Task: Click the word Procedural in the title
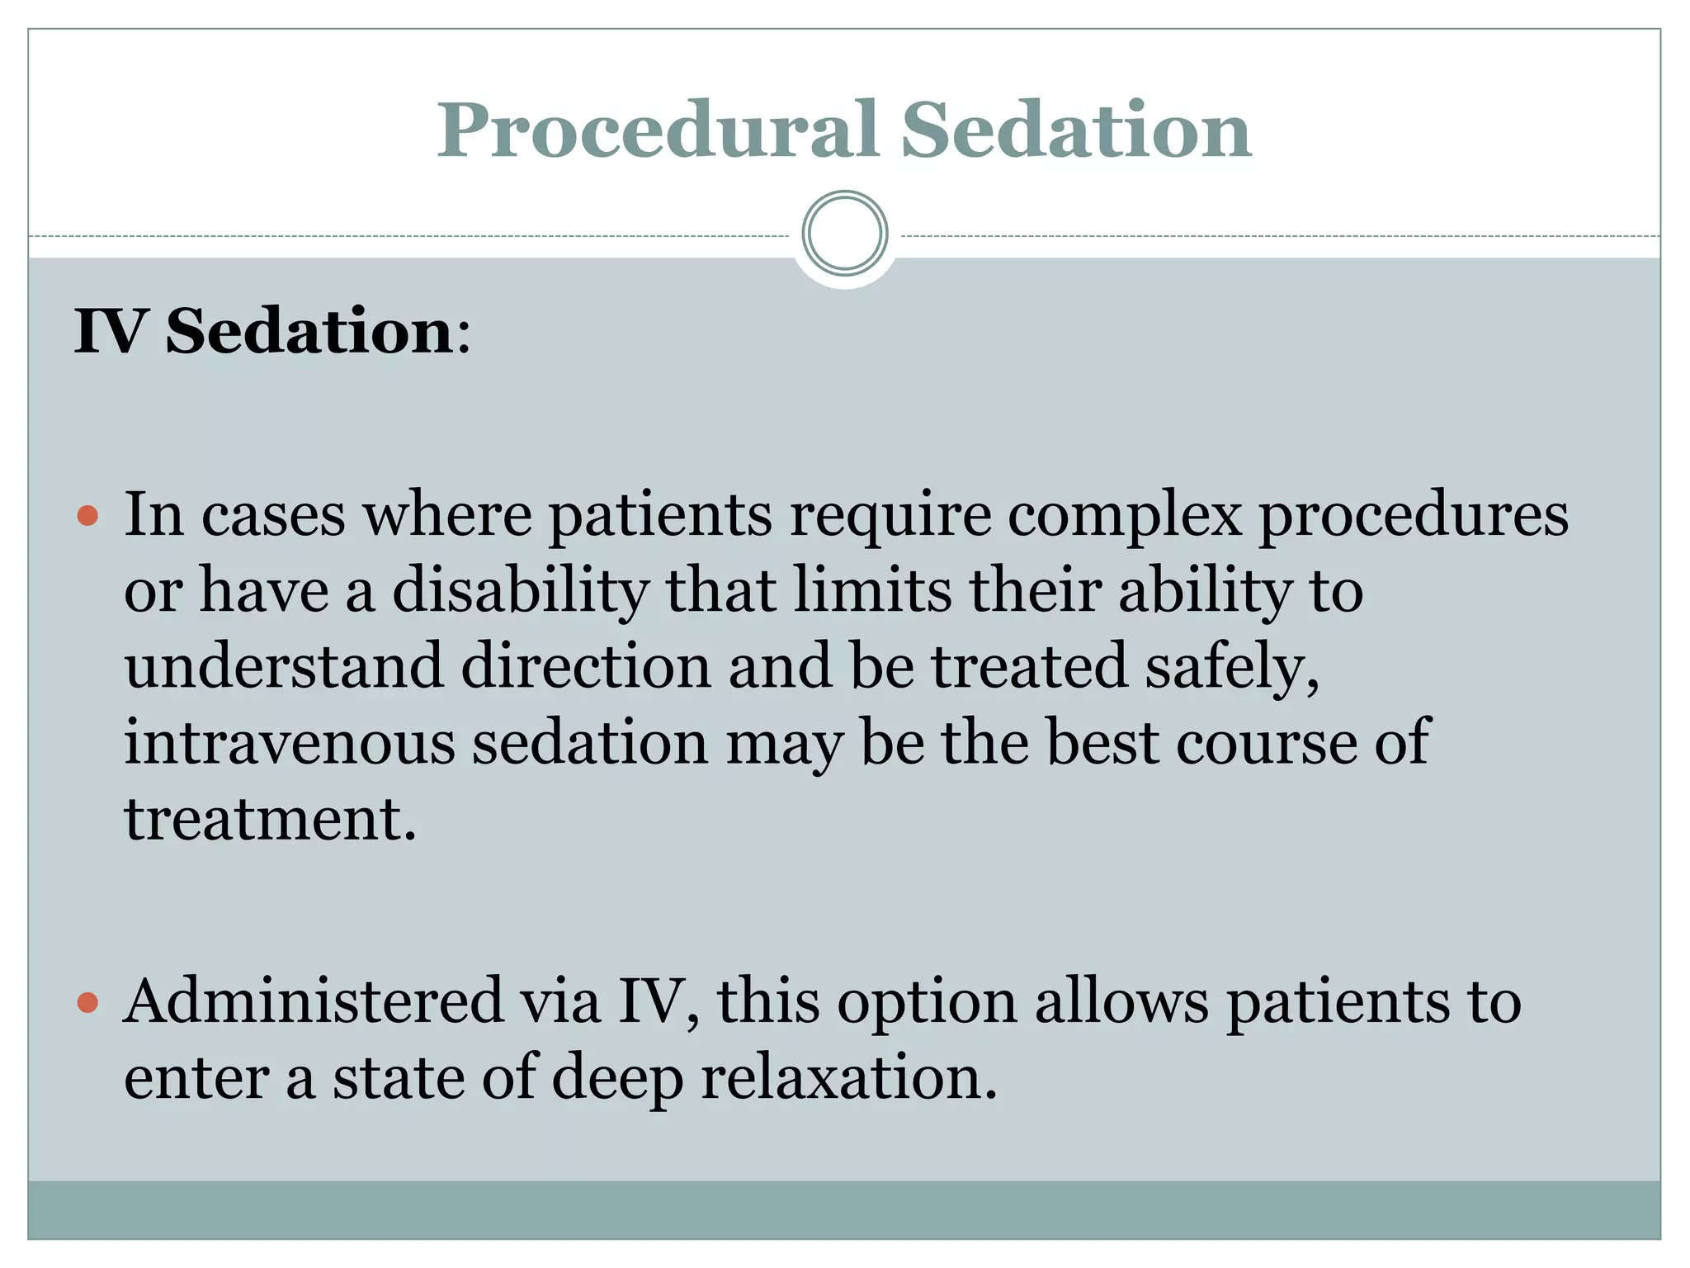(x=656, y=130)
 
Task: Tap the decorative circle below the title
(x=844, y=233)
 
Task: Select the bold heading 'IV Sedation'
(x=264, y=331)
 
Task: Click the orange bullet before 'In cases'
(x=87, y=518)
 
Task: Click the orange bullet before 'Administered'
(x=87, y=1004)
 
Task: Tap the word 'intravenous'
(x=289, y=742)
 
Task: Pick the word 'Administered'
(x=313, y=1001)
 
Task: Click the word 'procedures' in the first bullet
(x=1413, y=517)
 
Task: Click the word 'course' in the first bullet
(x=1266, y=742)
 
